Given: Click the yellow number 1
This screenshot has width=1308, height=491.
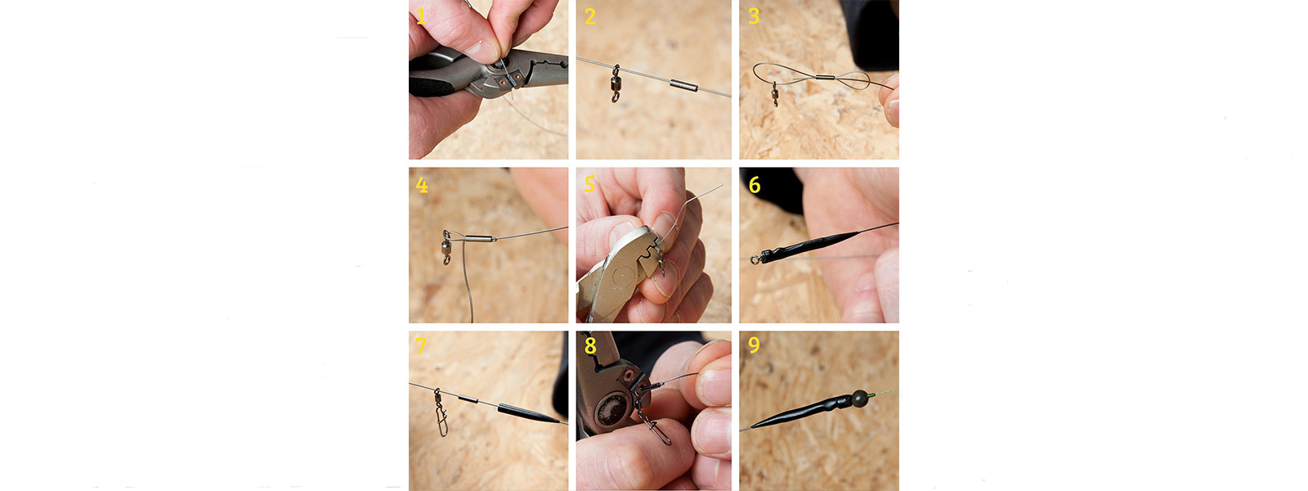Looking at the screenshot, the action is tap(420, 16).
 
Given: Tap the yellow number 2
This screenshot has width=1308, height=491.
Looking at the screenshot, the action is tap(589, 16).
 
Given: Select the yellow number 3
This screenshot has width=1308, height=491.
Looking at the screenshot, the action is tap(754, 16).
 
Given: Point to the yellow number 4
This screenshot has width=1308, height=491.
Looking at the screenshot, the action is tap(422, 185).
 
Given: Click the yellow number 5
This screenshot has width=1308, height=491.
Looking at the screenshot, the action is tap(589, 184).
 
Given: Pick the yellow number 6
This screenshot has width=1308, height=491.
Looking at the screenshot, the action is tap(755, 185).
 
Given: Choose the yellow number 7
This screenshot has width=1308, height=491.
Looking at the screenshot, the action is tap(420, 345).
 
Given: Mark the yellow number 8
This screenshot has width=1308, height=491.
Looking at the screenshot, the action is tap(590, 345).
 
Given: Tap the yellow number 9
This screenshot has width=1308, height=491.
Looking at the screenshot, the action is tap(754, 345).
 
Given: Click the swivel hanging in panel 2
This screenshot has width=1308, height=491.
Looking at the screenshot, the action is tap(616, 83).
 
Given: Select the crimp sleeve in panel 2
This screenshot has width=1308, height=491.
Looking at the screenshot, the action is tap(683, 85).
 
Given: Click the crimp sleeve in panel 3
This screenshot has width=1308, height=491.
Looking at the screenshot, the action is tap(825, 78).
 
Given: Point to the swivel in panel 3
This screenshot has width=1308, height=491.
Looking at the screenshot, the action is tap(774, 93).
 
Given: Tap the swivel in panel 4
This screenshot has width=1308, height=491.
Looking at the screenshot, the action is tap(446, 247).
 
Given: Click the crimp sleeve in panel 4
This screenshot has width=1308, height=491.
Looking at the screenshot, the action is tap(479, 238).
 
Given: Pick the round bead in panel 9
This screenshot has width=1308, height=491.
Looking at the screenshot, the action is tap(859, 398).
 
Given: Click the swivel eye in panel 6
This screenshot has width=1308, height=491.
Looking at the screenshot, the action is tap(755, 259).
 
